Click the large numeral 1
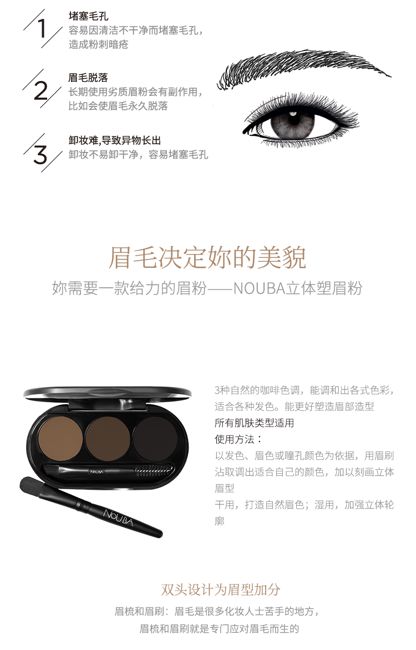pos(42,28)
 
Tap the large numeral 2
pos(41,90)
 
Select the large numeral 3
pos(40,155)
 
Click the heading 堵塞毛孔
pos(88,16)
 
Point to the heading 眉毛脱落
pos(88,78)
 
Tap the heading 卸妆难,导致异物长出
pos(115,140)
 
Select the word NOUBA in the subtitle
pos(259,288)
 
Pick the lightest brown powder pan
pos(60,438)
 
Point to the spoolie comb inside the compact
pos(152,470)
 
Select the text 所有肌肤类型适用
pos(254,423)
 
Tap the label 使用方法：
pos(239,439)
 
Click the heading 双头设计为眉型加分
pos(220,590)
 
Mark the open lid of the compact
pos(108,393)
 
